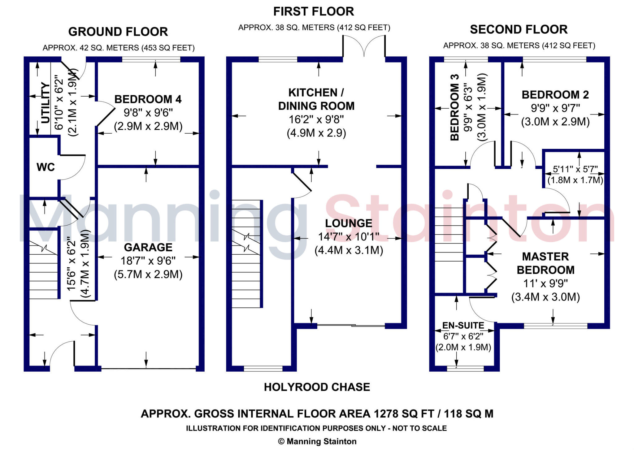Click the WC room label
point(46,167)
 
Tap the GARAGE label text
point(148,247)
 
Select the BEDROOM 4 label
point(148,99)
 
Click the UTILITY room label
point(46,103)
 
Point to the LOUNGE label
point(349,223)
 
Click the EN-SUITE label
point(463,325)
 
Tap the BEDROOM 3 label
point(454,108)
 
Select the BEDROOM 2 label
point(555,95)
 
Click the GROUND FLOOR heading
point(118,32)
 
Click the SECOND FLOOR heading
point(519,29)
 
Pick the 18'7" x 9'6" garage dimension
point(148,261)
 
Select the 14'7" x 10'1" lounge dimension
point(349,237)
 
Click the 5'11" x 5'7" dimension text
point(575,169)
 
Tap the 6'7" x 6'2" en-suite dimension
point(463,336)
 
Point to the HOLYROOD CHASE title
point(317,387)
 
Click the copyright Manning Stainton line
point(317,441)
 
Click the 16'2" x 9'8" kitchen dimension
point(316,119)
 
